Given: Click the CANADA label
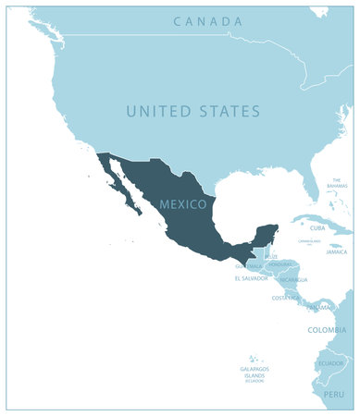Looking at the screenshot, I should (208, 21).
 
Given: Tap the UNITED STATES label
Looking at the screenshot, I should (193, 111).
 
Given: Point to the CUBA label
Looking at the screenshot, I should (317, 227).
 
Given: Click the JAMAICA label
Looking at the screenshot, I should (336, 251).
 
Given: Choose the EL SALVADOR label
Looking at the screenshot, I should (251, 277).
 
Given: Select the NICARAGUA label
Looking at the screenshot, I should (292, 279).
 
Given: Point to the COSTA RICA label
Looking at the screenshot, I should (285, 298).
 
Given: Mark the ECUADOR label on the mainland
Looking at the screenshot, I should (330, 363).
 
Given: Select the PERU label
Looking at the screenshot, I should (333, 394).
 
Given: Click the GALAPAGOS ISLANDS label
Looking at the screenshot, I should (254, 372).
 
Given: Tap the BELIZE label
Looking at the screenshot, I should (271, 256).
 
